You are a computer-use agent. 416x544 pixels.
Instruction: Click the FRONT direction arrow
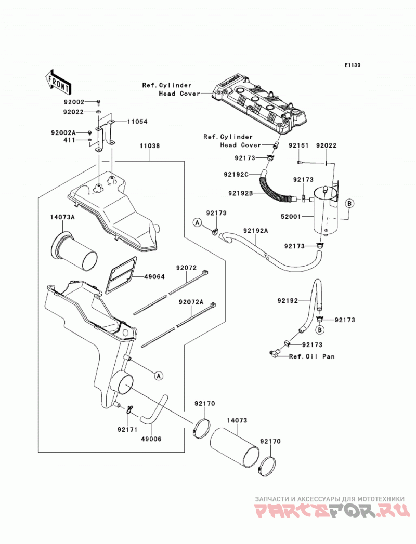click(x=58, y=82)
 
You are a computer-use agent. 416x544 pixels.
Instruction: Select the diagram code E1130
click(x=353, y=65)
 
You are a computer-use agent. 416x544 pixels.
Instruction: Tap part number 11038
click(x=150, y=145)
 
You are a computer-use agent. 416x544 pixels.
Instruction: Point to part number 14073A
click(x=62, y=218)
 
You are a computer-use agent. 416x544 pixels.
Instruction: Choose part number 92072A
click(x=191, y=302)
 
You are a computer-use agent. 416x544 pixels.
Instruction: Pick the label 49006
click(x=151, y=439)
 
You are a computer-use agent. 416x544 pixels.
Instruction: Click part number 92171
click(x=127, y=430)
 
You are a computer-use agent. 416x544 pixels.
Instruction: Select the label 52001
click(x=291, y=217)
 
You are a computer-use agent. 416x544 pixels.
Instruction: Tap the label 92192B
click(x=241, y=193)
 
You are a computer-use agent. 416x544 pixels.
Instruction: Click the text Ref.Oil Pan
click(x=312, y=356)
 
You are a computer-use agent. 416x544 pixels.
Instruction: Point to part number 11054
click(x=137, y=122)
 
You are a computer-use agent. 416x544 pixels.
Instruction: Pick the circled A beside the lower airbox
click(x=159, y=375)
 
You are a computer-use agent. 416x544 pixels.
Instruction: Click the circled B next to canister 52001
click(x=349, y=203)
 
